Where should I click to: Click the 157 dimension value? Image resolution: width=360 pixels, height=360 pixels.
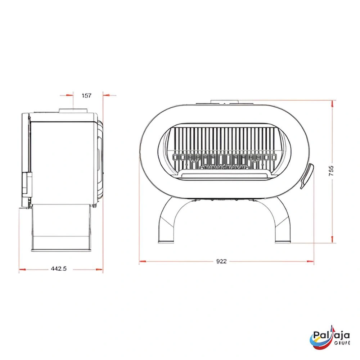[x=87, y=95]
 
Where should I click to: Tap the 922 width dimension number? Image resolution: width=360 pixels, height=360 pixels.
[x=222, y=262]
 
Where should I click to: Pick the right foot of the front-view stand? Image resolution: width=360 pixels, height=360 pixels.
[x=283, y=240]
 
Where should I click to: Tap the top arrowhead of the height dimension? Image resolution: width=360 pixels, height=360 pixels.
[x=332, y=103]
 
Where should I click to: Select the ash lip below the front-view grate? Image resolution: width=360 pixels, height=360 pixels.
[x=224, y=175]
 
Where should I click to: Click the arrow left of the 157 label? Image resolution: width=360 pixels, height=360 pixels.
[x=67, y=95]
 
